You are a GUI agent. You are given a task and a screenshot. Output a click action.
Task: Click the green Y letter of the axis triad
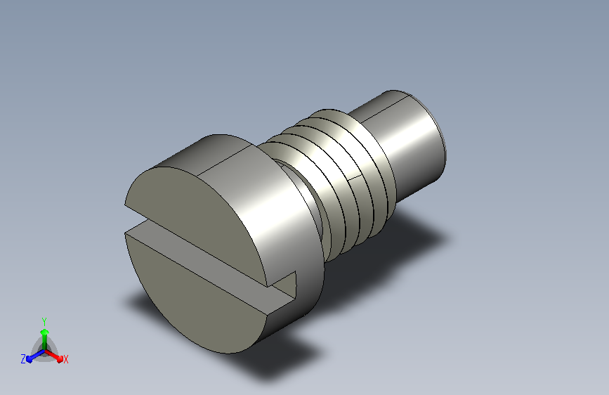click(44, 321)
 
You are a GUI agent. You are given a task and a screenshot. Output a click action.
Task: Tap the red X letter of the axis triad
click(65, 359)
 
